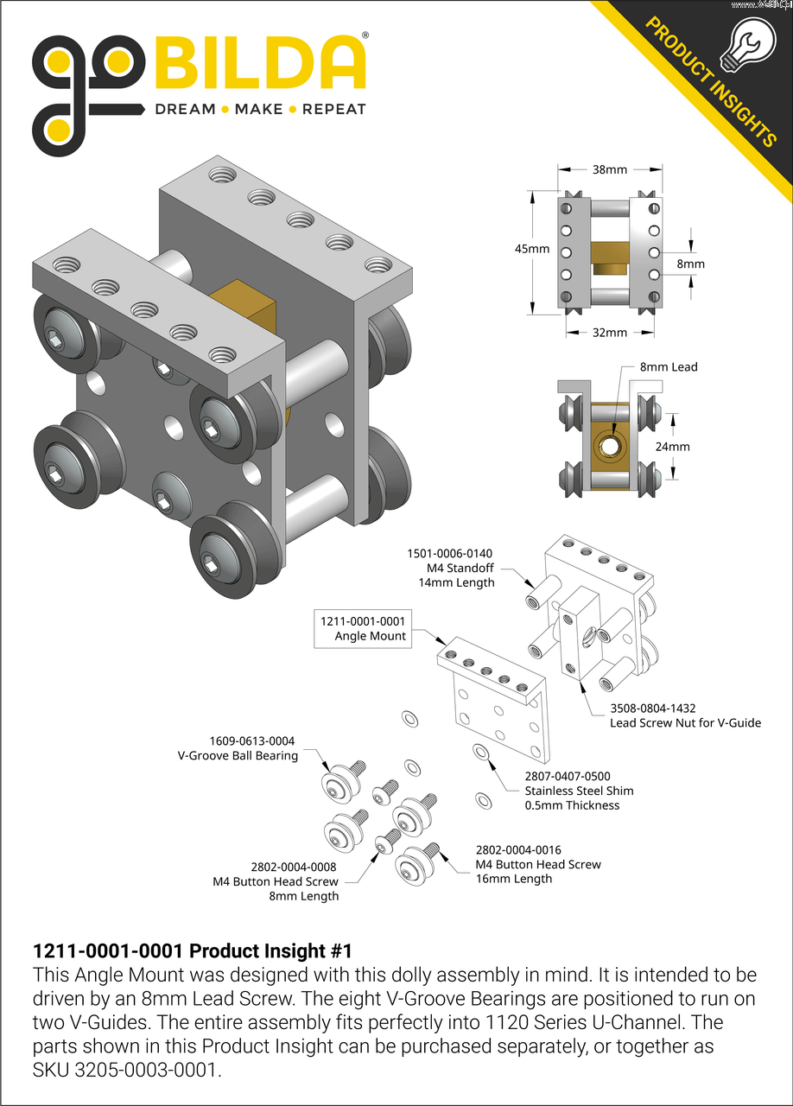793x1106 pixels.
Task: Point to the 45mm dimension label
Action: (532, 249)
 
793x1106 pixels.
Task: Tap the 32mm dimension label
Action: (609, 333)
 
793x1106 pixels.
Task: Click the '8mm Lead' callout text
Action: (669, 366)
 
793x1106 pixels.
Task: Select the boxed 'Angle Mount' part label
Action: (363, 628)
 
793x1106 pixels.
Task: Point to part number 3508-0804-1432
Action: (652, 708)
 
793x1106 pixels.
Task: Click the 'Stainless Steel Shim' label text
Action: (579, 791)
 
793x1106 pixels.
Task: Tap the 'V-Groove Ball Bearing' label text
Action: (238, 755)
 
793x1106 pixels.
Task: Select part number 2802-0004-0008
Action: (294, 867)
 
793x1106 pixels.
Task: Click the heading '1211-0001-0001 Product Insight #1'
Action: (192, 951)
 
